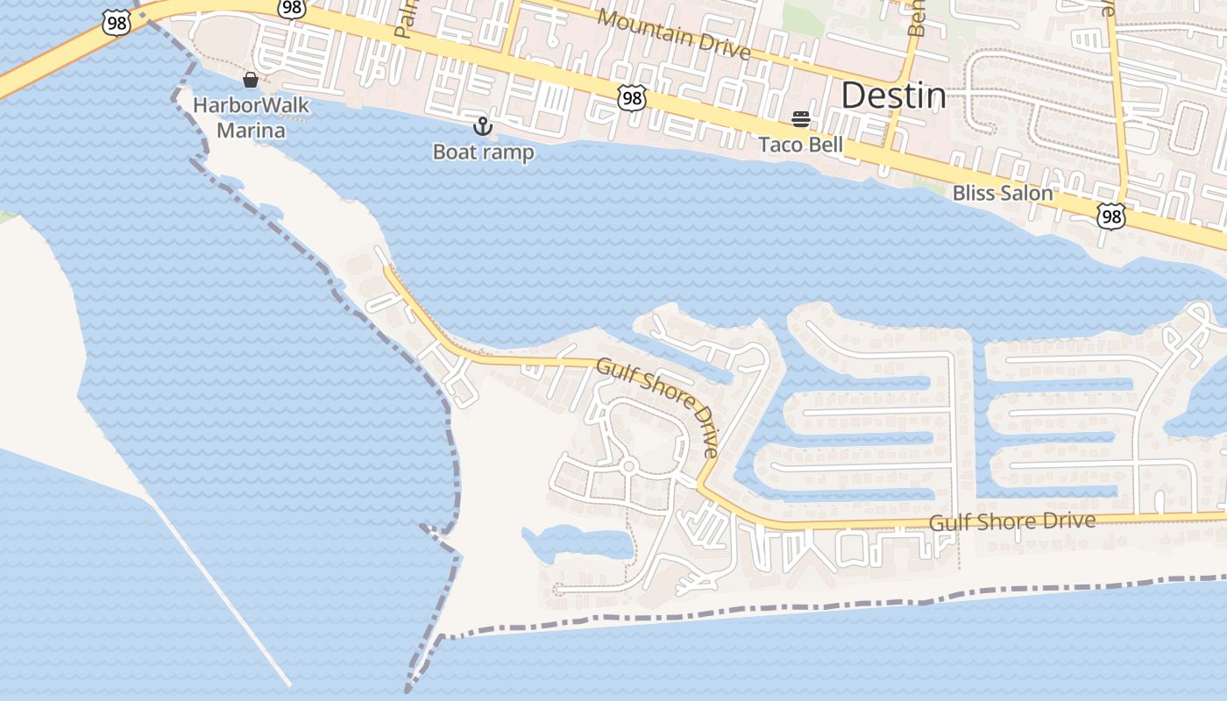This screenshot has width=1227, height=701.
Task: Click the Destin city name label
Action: click(893, 96)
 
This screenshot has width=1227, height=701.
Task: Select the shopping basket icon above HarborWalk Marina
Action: click(251, 80)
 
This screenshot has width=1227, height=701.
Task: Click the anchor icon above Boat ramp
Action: click(482, 126)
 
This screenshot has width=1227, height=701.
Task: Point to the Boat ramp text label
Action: click(483, 152)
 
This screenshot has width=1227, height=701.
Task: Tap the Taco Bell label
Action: click(800, 145)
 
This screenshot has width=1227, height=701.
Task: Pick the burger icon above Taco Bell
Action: click(800, 118)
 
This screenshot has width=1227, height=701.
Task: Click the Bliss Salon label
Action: click(1002, 192)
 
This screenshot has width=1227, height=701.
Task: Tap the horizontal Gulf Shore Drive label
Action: click(1011, 521)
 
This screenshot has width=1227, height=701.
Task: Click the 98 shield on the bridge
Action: click(116, 23)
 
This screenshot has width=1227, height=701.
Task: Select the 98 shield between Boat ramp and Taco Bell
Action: click(631, 97)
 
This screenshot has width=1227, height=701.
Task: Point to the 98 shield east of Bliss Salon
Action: click(1110, 216)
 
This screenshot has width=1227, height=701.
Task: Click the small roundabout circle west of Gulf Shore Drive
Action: click(628, 466)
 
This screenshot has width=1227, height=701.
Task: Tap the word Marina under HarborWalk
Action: click(251, 131)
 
